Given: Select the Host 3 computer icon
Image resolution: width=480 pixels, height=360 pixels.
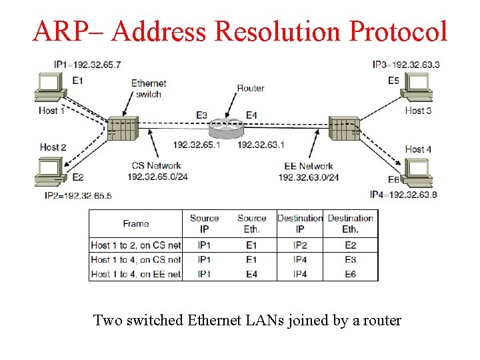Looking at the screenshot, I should tap(419, 87).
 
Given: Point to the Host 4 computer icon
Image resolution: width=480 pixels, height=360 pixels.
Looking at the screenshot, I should tap(419, 171).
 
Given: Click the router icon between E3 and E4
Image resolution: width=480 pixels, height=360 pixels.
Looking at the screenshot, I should tap(226, 127).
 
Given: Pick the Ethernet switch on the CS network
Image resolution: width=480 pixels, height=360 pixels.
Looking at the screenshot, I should tap(123, 128).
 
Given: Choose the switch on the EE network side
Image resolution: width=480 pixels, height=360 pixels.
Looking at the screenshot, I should tap(344, 128).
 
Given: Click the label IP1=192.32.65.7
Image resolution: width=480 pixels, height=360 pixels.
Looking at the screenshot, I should tap(87, 65).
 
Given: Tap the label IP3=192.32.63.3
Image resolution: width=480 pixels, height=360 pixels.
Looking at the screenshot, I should tap(406, 65).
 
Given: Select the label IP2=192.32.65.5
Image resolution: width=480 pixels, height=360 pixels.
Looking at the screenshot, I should tap(78, 195).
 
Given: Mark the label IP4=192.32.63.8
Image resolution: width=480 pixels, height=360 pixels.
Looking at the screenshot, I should tap(403, 195).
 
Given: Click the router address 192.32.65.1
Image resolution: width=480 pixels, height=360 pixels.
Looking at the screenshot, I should tap(196, 145).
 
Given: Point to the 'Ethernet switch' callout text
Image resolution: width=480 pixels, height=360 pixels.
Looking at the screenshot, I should tap(149, 89).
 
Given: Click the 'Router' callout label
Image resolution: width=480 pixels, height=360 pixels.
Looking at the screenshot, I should tap(251, 88).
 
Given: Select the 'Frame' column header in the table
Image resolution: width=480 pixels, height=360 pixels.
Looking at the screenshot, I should tap(136, 224).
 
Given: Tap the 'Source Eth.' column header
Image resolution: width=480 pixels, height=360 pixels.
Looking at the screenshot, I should tap(251, 223).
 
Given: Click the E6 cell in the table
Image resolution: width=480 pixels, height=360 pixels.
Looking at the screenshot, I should tap(350, 274).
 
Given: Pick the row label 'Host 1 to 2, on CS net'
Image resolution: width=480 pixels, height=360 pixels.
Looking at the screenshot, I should tap(136, 245).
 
